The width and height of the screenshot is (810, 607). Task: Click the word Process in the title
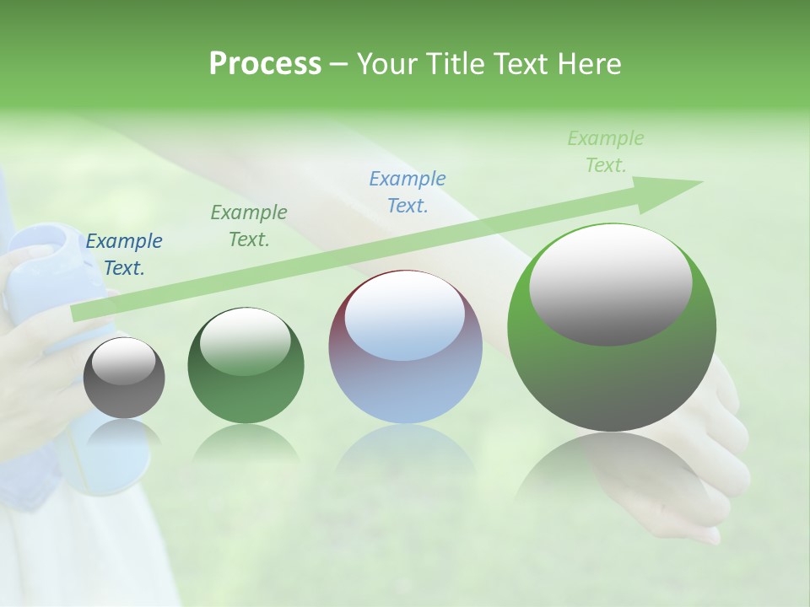[265, 64]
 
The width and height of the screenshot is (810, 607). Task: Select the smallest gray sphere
[124, 378]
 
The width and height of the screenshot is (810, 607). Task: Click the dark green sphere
[246, 366]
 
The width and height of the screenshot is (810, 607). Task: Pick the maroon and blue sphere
[405, 347]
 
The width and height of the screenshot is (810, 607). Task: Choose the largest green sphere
[612, 328]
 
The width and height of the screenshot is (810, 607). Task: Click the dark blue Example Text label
[124, 255]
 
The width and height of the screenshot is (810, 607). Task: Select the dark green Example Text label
[249, 226]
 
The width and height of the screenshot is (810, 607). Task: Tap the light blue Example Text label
[408, 192]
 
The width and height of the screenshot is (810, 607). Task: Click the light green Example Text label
[606, 152]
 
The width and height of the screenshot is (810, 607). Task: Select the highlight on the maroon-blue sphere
[405, 316]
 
